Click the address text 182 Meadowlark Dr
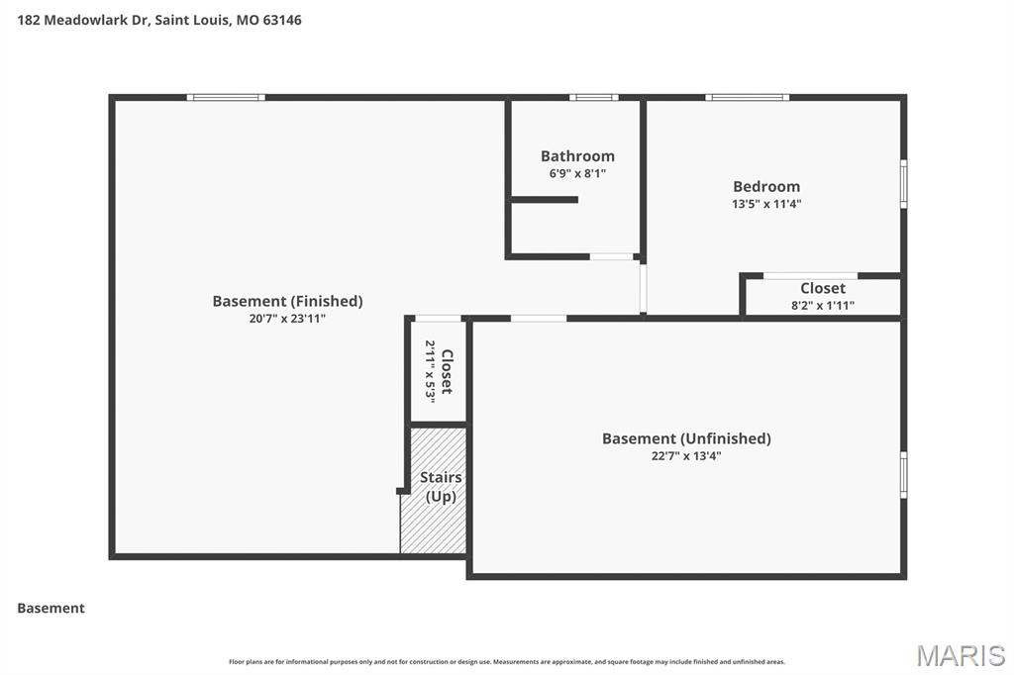click(83, 20)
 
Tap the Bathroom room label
click(577, 156)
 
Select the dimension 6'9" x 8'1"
click(577, 173)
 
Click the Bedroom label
click(766, 186)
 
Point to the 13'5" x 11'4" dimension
click(766, 204)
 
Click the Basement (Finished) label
click(287, 301)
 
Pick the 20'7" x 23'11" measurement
click(287, 319)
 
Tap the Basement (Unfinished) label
click(686, 438)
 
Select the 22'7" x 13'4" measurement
click(686, 456)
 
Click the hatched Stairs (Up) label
click(441, 487)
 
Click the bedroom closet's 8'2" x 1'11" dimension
click(823, 306)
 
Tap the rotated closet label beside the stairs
click(447, 371)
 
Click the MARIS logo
click(960, 655)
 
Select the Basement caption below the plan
click(51, 609)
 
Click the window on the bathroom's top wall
click(593, 97)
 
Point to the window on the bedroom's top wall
click(747, 97)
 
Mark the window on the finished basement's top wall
click(226, 97)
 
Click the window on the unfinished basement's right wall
click(903, 474)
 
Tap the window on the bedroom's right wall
click(903, 184)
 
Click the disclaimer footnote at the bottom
click(507, 662)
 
